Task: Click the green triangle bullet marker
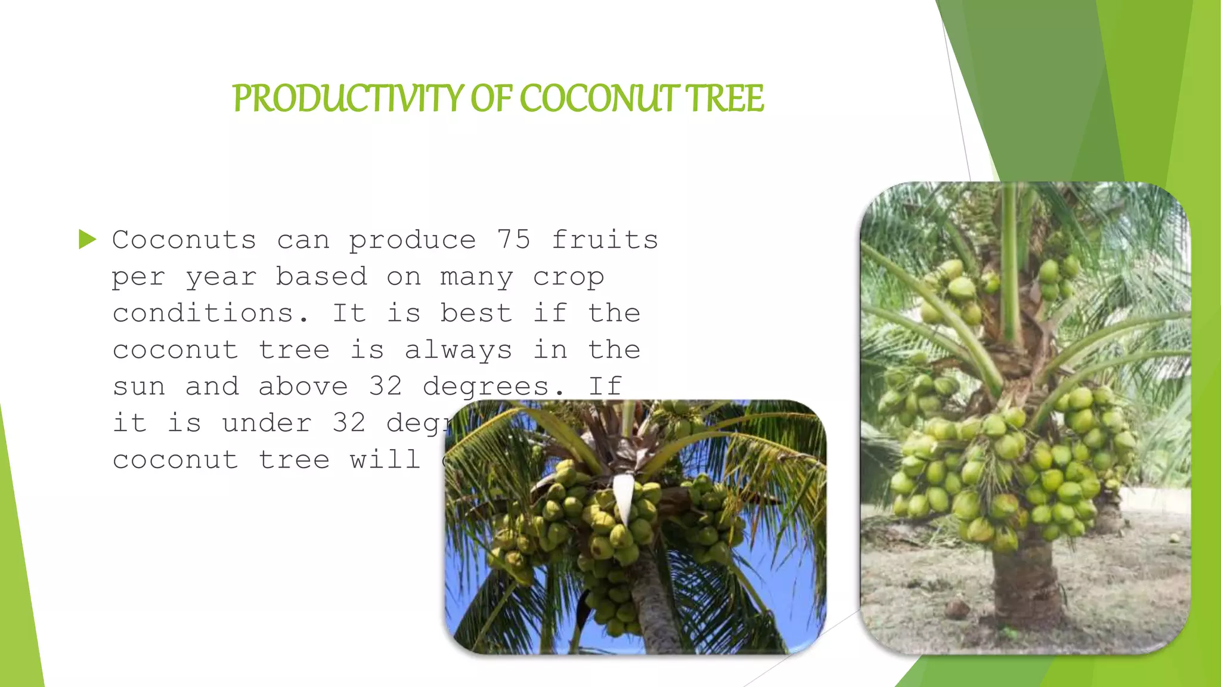87,240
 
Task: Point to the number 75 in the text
513,240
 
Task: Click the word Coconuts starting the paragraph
184,240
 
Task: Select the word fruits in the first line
605,240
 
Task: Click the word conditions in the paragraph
211,314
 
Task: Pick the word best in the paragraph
476,314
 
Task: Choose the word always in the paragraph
458,351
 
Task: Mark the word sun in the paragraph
139,387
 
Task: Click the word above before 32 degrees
303,387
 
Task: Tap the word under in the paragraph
266,423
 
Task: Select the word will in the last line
385,460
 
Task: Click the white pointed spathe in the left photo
623,495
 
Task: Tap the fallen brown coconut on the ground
957,609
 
